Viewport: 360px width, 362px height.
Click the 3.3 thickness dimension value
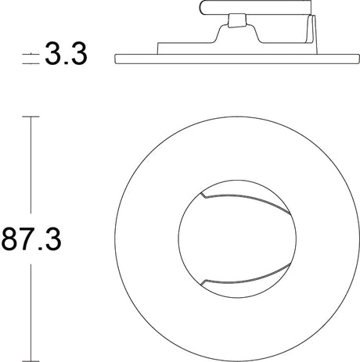[x=65, y=56]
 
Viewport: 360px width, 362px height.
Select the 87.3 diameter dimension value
[x=32, y=238]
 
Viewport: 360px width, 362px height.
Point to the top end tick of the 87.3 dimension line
[x=31, y=116]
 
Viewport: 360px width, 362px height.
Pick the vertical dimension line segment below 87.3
[x=31, y=309]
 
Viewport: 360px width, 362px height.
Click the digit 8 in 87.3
[x=12, y=238]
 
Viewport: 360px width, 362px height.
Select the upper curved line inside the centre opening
[x=243, y=192]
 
